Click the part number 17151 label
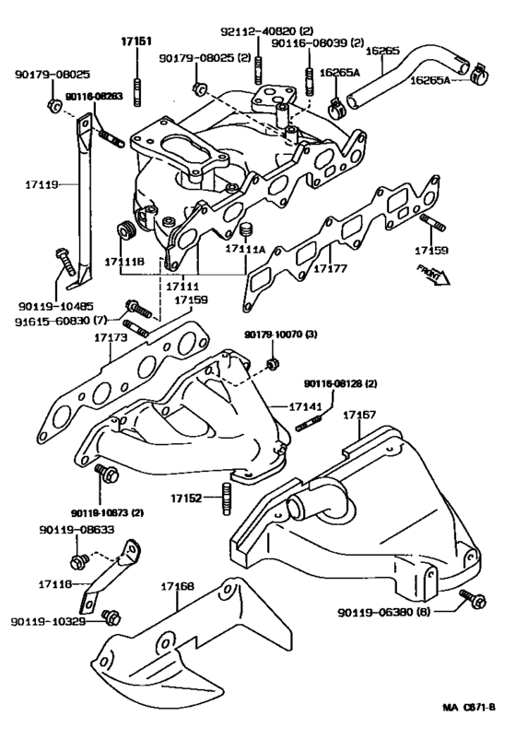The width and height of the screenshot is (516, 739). pos(137,41)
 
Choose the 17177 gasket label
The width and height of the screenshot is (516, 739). pos(330,271)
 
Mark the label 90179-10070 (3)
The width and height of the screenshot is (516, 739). pos(280,334)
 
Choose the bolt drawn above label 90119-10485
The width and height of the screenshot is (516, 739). pos(64,258)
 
